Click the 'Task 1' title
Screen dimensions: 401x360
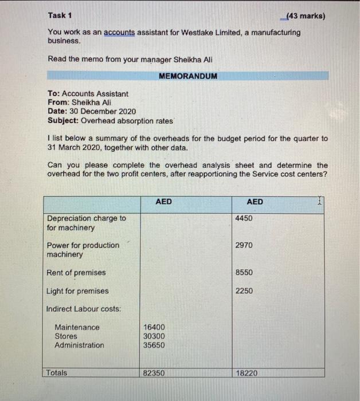(x=60, y=16)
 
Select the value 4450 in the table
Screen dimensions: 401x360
(x=244, y=218)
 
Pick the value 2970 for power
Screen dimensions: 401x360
(x=244, y=245)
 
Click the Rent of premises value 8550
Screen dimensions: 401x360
(x=244, y=273)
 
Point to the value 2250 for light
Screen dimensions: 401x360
(x=244, y=290)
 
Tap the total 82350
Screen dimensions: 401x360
(x=154, y=373)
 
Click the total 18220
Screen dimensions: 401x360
(x=246, y=373)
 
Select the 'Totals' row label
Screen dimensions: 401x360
(x=57, y=373)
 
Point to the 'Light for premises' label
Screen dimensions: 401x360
(x=77, y=291)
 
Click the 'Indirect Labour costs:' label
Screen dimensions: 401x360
(x=84, y=309)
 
